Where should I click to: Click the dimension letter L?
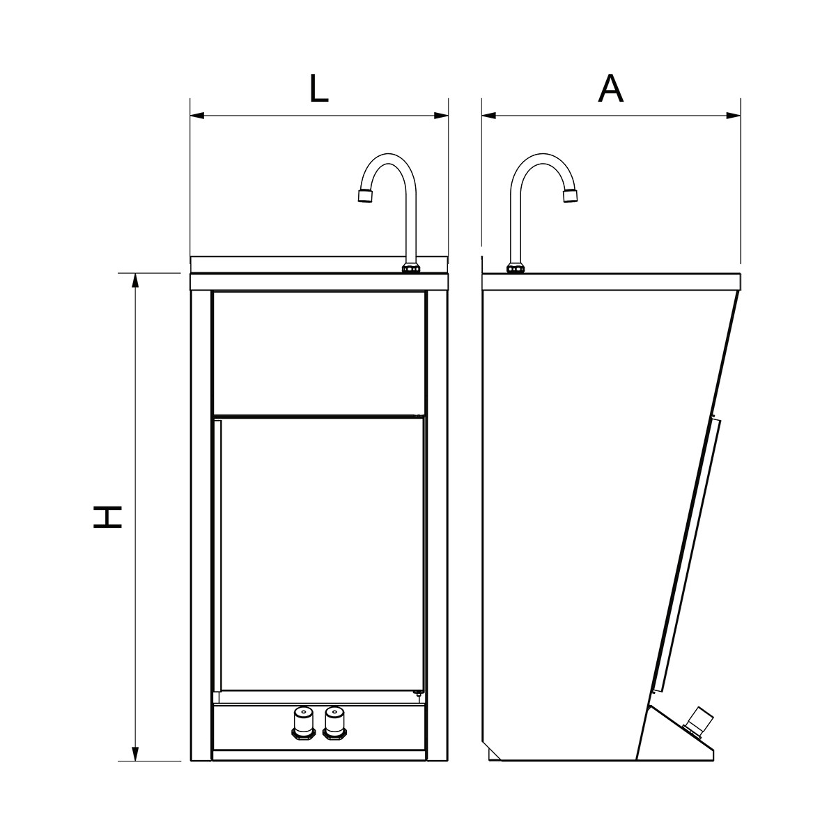click(x=319, y=88)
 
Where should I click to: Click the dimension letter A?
click(x=610, y=88)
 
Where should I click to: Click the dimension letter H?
click(x=107, y=517)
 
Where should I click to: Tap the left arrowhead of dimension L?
click(x=197, y=116)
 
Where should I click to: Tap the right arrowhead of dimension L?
click(x=441, y=116)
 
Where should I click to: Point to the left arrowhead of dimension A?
click(x=489, y=116)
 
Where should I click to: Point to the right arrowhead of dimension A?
click(x=733, y=116)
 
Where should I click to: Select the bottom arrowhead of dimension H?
click(x=135, y=766)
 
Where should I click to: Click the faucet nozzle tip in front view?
click(x=365, y=196)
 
